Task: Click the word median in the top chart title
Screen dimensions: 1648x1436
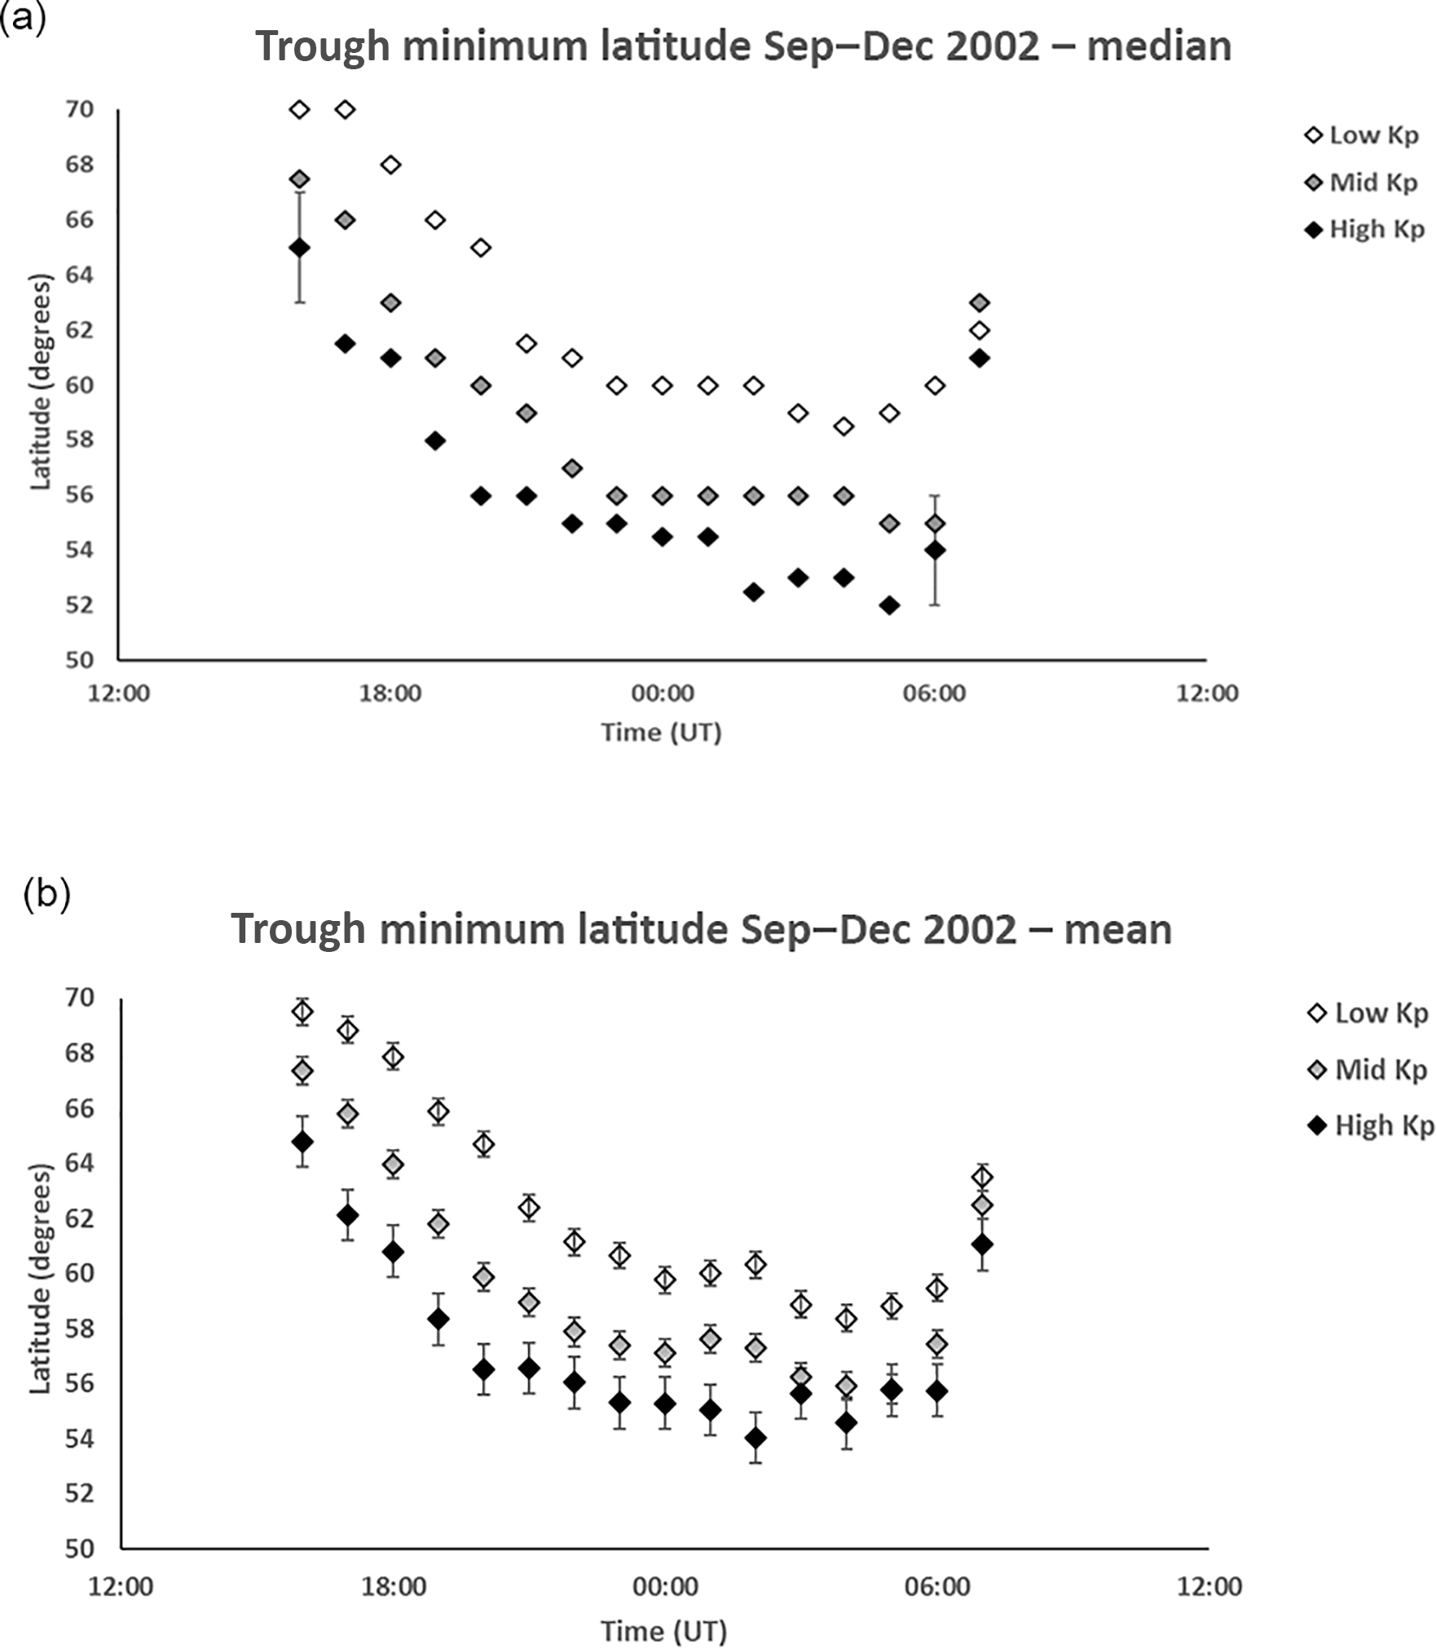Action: [x=1159, y=46]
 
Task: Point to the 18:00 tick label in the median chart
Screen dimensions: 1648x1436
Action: [x=390, y=694]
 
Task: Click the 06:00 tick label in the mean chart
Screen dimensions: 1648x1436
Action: [x=937, y=1587]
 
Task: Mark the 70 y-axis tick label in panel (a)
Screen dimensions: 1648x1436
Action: [x=79, y=109]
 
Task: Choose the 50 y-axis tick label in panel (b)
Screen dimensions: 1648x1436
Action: [x=79, y=1548]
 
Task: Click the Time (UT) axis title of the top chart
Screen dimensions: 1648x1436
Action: [x=662, y=733]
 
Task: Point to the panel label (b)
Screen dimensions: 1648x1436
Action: [x=47, y=894]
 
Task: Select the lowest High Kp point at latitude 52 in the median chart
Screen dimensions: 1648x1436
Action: [x=889, y=606]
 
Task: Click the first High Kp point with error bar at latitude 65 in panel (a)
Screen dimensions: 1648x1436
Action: [x=300, y=248]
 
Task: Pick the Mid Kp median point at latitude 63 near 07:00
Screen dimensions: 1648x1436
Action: [x=980, y=303]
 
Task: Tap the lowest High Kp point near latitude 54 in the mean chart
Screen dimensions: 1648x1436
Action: [x=755, y=1438]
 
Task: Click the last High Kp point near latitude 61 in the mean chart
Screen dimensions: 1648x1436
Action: [x=982, y=1245]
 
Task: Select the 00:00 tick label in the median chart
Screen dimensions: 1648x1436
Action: [x=663, y=694]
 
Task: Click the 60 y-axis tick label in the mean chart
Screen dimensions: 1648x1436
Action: [x=79, y=1272]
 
